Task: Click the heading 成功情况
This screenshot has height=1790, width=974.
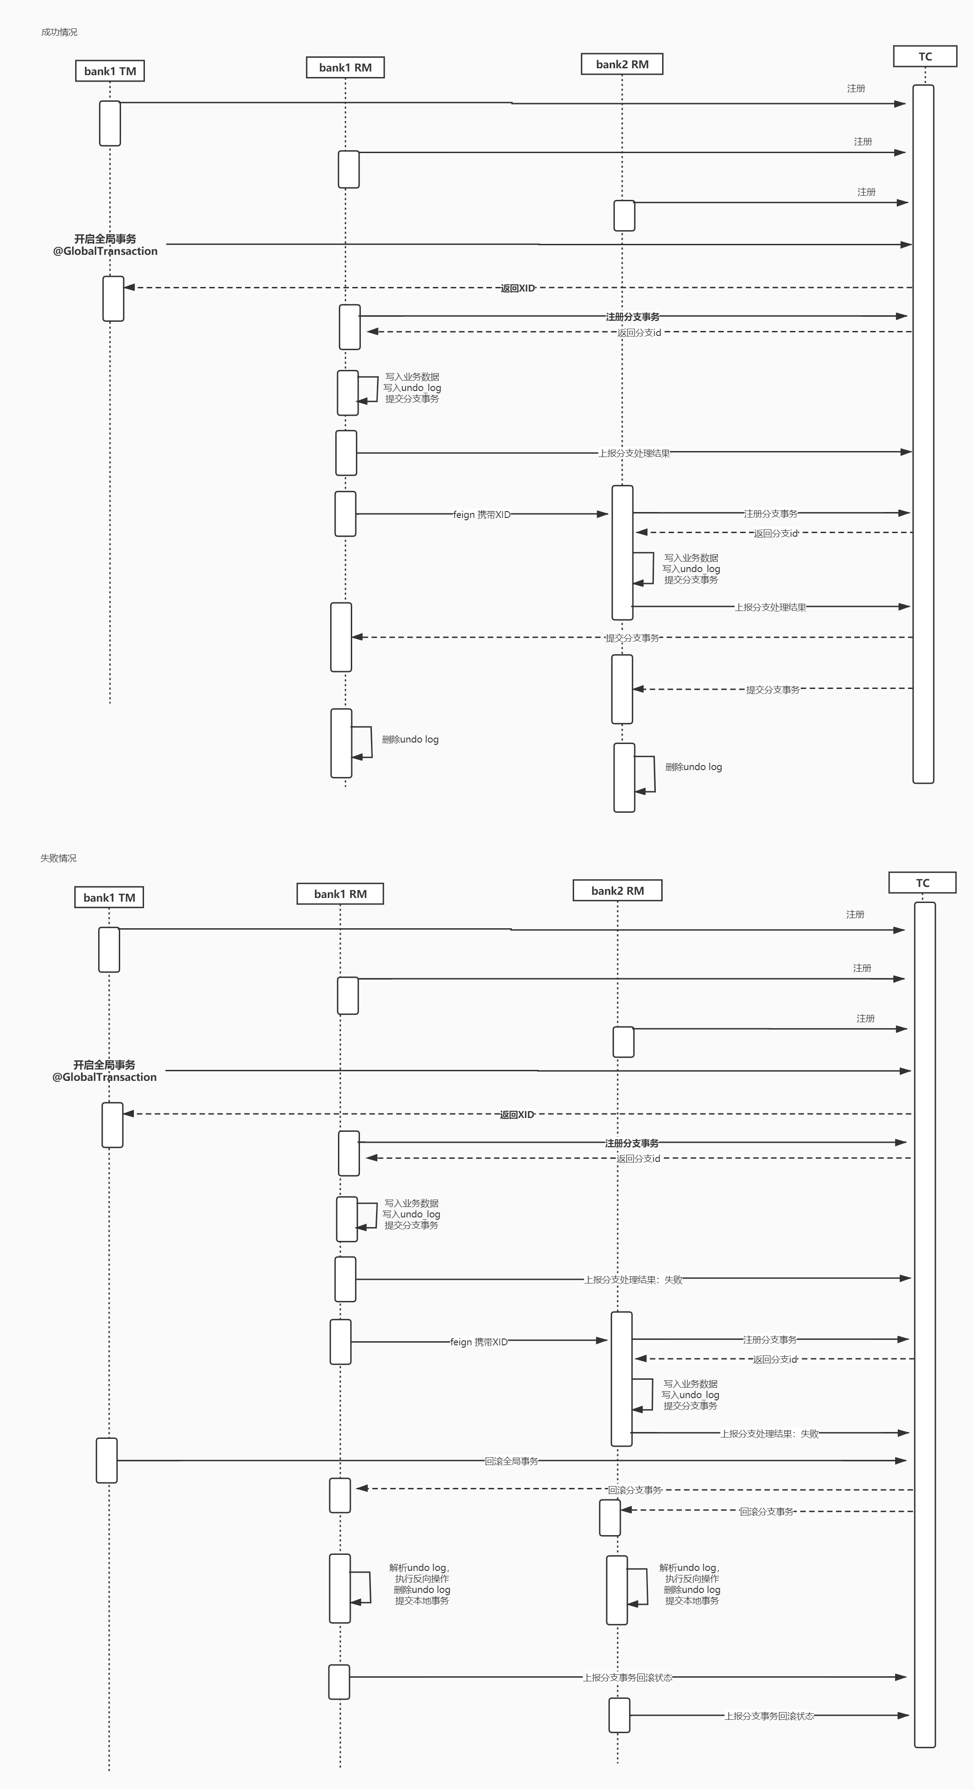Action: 59,32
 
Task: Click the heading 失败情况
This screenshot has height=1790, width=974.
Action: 58,858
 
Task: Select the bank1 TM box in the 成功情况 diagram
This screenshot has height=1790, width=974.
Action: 110,71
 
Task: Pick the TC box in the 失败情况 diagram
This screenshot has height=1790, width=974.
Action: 923,882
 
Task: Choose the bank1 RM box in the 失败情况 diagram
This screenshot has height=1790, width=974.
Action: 340,893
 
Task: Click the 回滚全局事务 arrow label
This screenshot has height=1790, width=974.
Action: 512,1461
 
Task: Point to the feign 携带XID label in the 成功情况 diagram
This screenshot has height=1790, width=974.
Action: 482,515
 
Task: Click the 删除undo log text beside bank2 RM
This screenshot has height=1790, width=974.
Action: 693,767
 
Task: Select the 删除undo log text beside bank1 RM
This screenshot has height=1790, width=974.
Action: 410,739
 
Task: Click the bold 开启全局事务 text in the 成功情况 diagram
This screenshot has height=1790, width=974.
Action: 105,238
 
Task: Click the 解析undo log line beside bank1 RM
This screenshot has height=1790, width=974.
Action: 419,1568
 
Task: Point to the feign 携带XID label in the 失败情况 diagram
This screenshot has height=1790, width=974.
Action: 479,1342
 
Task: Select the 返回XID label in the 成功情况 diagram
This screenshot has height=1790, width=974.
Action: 518,288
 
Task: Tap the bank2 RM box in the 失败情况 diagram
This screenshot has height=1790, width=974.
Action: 617,890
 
